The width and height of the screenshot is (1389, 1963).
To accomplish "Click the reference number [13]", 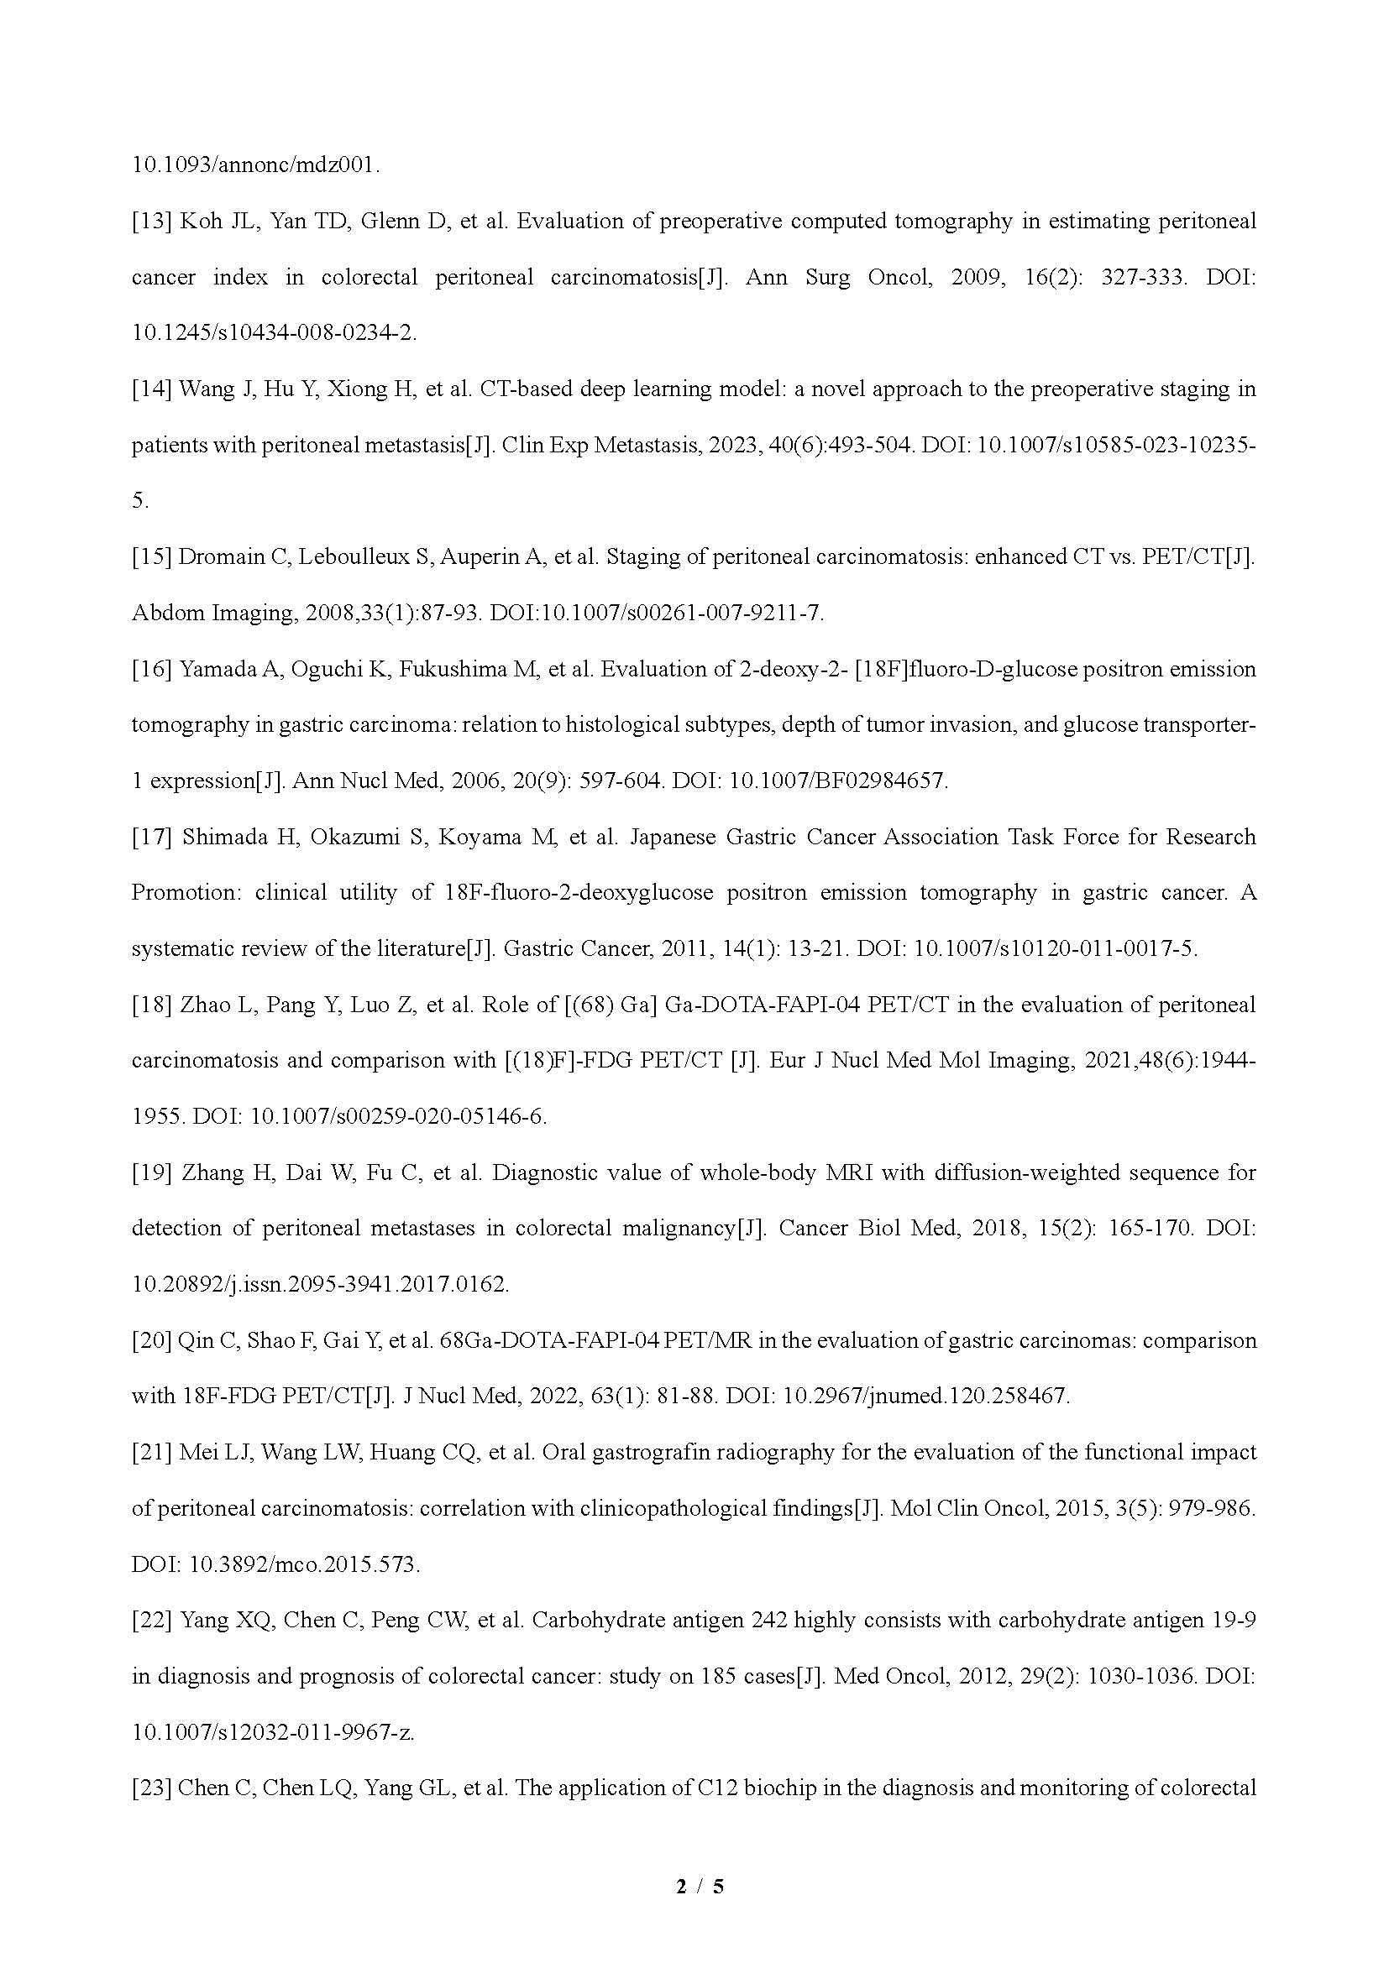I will (150, 222).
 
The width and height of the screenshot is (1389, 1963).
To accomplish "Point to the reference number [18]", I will (151, 1005).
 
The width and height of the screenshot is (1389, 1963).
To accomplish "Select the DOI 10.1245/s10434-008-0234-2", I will (273, 332).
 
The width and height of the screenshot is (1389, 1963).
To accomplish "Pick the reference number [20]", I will (150, 1340).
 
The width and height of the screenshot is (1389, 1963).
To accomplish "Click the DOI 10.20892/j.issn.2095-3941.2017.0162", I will (319, 1284).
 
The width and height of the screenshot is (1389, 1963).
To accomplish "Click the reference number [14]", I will (150, 389).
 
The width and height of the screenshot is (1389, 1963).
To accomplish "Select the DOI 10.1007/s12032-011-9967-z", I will (272, 1732).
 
